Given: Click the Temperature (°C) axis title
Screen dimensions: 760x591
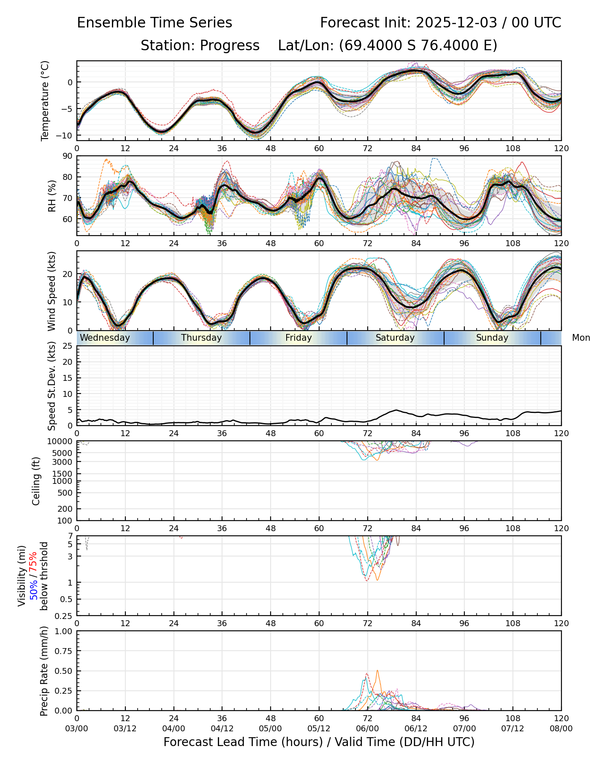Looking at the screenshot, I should tap(45, 100).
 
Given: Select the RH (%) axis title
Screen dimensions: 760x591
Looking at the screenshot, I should tap(52, 196).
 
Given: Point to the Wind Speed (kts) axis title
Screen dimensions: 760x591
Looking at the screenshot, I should tap(52, 291).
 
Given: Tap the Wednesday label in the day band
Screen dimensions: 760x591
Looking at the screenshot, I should tap(105, 338).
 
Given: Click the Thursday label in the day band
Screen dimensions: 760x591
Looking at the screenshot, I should tap(201, 338).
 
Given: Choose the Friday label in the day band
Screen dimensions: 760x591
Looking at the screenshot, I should tap(298, 338).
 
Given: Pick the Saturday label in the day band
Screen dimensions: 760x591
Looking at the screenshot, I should tap(395, 338).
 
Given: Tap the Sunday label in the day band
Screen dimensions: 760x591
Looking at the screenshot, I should tap(492, 338).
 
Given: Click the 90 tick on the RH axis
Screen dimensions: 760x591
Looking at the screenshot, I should tap(68, 156).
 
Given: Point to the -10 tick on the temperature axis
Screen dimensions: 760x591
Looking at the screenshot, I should tap(65, 136).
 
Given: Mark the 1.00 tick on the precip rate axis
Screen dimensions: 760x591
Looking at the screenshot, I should tap(63, 632).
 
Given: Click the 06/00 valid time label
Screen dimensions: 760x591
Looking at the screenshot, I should tap(367, 729).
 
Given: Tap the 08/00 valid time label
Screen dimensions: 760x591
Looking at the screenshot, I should tap(561, 729).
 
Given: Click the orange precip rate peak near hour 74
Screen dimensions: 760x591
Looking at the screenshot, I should tap(377, 671).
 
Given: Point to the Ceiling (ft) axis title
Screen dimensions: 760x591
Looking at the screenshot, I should tap(36, 481).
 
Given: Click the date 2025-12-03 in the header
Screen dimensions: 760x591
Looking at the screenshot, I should tap(456, 23).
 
